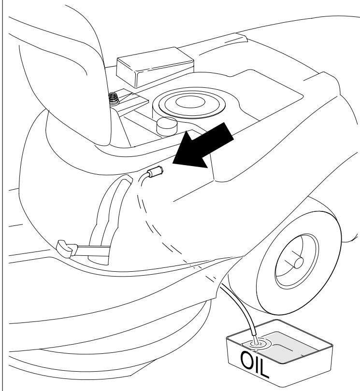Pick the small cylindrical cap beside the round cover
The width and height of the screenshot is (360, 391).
coord(165,126)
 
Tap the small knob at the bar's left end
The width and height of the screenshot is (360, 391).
coord(65,247)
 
